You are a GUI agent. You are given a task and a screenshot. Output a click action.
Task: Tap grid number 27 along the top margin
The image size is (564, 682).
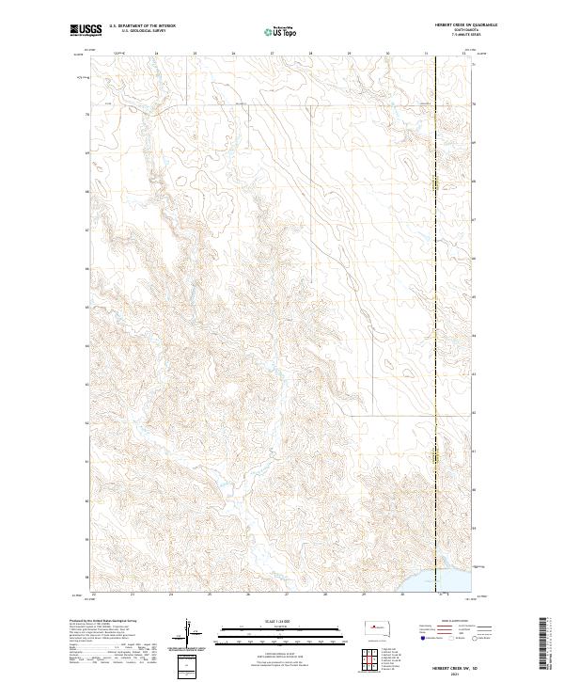272,54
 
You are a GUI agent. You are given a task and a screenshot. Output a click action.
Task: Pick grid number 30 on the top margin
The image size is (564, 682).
387,54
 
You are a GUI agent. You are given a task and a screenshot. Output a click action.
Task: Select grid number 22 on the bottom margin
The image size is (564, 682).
94,595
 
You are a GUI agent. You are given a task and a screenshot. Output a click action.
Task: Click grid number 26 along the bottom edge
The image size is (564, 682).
247,595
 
